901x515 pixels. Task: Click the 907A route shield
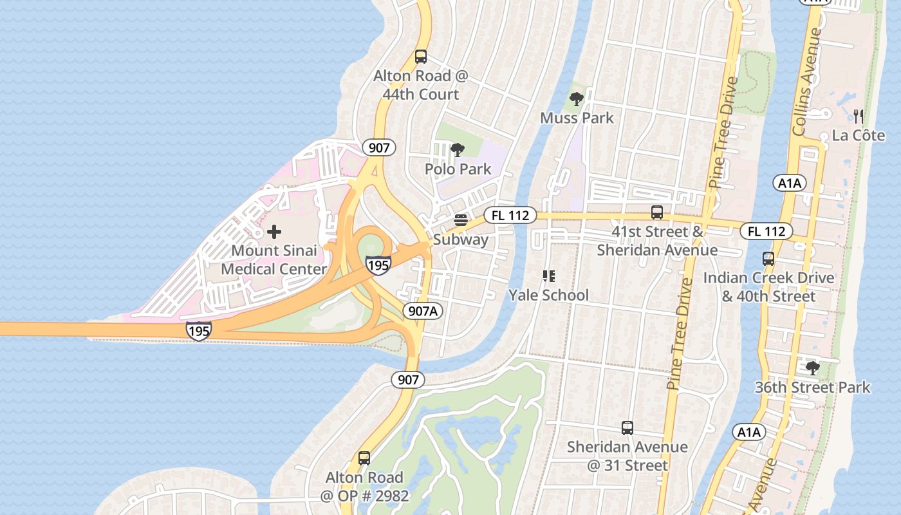tap(423, 312)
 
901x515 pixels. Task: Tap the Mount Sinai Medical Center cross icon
tap(274, 231)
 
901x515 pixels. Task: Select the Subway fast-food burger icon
tap(460, 220)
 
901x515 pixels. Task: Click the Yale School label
tap(548, 295)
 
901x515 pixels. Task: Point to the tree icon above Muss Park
tap(577, 99)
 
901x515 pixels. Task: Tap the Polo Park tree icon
tap(458, 151)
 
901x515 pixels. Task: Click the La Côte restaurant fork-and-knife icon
tap(858, 117)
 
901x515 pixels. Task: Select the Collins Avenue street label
tap(807, 82)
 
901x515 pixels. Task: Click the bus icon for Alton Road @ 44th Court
tap(420, 57)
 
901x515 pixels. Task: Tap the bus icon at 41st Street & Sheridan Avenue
tap(657, 212)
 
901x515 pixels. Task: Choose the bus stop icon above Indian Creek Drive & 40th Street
tap(768, 259)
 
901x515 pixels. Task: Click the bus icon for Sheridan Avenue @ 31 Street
tap(627, 428)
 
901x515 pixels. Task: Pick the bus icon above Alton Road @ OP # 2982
tap(364, 458)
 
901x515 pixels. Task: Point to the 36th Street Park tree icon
tap(812, 368)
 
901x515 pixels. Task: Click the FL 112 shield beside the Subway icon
tap(510, 216)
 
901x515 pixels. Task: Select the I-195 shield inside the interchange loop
tap(378, 265)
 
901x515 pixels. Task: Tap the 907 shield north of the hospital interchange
tap(379, 147)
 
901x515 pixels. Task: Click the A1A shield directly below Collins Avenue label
tap(789, 183)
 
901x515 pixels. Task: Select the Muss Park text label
tap(577, 118)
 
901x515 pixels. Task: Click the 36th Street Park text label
tap(812, 388)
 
